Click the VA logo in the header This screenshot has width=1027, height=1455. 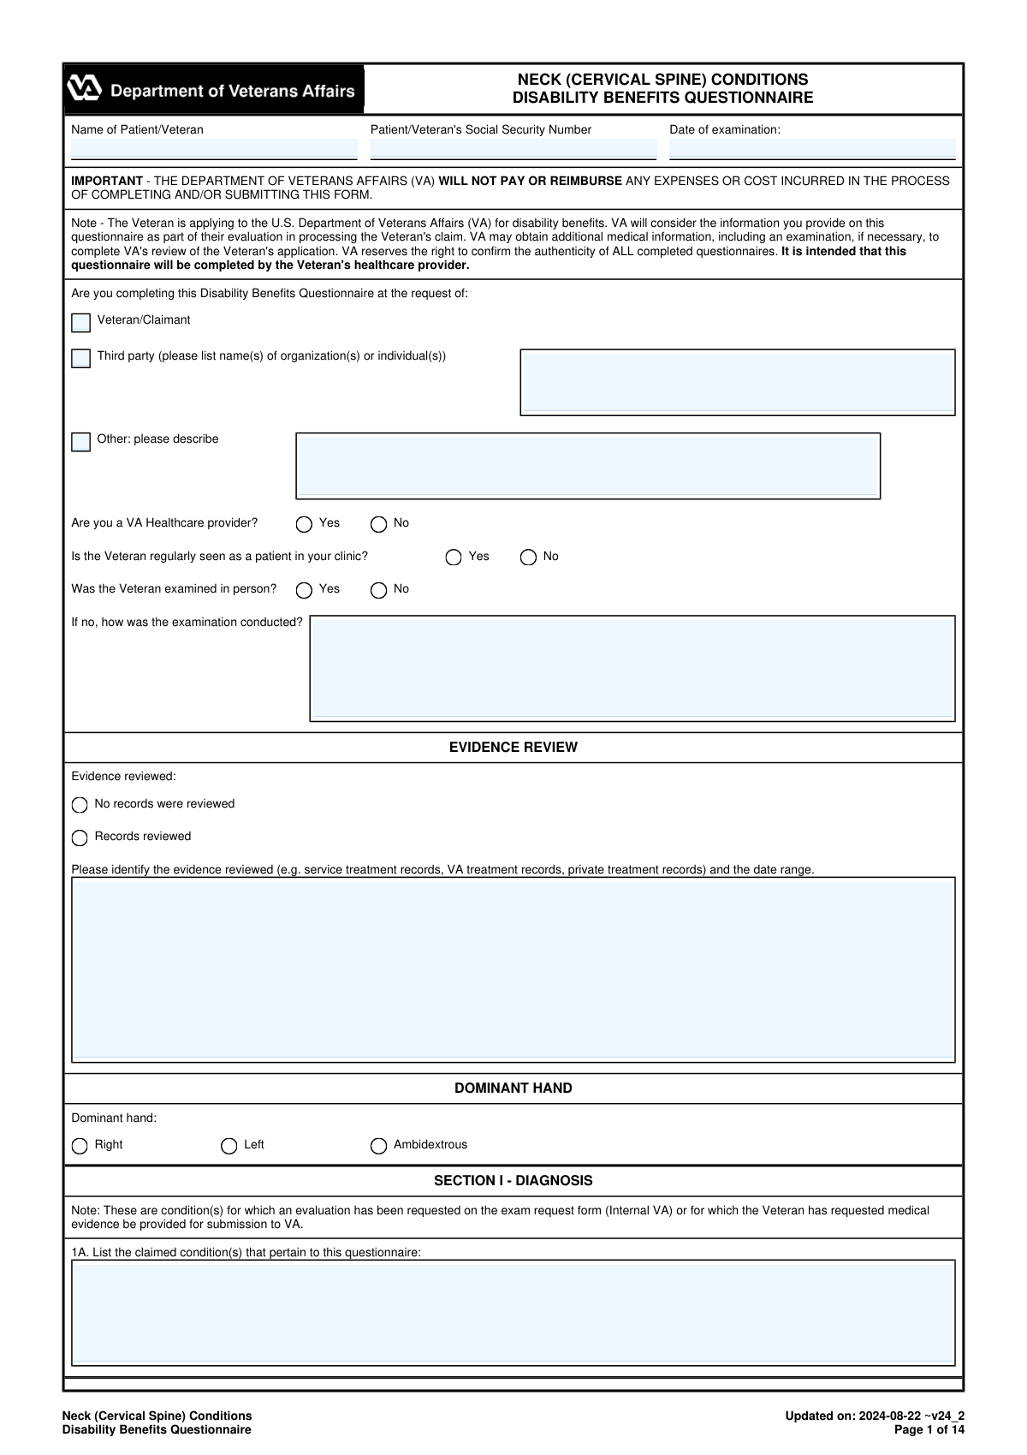85,89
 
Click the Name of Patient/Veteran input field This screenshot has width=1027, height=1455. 213,149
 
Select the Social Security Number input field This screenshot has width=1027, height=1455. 513,149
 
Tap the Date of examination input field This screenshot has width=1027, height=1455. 811,149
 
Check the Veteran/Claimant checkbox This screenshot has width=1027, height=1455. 81,323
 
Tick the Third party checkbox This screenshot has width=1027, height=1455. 81,358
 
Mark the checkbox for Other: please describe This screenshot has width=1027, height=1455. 81,442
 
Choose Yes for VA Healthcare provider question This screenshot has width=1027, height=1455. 304,524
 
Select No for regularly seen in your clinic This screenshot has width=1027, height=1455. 528,558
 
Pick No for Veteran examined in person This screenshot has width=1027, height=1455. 378,590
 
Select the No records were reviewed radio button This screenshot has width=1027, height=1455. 80,805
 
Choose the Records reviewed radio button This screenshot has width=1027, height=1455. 80,838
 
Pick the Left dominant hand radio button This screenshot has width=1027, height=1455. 229,1146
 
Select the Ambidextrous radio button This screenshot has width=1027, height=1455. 378,1146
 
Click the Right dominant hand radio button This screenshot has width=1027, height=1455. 80,1146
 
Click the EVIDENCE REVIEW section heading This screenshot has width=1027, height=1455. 513,748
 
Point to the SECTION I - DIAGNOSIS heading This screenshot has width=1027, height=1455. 513,1181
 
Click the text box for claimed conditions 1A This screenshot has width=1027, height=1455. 513,1312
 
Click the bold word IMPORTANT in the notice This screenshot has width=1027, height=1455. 107,181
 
